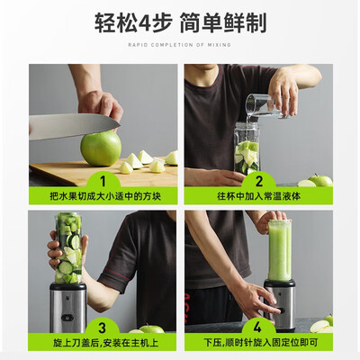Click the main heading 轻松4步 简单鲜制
tap(180, 22)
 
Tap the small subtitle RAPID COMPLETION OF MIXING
tap(180, 44)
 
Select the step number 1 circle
tap(102, 178)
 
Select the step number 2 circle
tap(258, 178)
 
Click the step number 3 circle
tap(102, 328)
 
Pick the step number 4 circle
tap(258, 328)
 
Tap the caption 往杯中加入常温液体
tap(258, 195)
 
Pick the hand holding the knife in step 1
tap(99, 103)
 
